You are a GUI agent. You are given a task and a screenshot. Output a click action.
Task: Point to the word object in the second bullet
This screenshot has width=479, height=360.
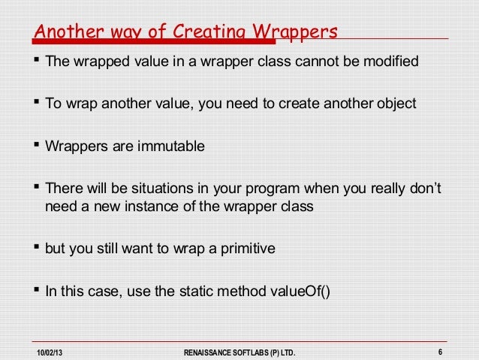(x=394, y=103)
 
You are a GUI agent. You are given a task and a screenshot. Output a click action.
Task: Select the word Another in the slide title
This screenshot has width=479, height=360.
(x=62, y=32)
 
